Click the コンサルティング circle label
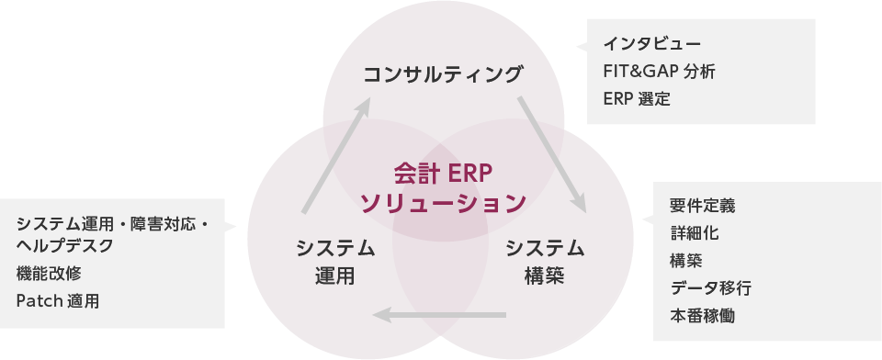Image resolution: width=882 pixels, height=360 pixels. tap(443, 73)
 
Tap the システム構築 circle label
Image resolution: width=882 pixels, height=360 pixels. tap(545, 261)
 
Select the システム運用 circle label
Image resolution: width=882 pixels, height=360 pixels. tap(335, 261)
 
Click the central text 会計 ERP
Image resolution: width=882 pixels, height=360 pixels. tap(443, 172)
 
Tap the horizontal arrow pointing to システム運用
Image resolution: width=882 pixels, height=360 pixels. tap(439, 316)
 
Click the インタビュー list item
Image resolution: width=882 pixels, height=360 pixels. tap(652, 44)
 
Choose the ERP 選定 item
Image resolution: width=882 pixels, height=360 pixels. tap(637, 97)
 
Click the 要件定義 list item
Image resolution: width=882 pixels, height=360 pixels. tap(702, 206)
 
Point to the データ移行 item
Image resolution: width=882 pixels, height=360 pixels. tap(710, 288)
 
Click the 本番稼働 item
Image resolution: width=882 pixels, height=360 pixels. tap(702, 316)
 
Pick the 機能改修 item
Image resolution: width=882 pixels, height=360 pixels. tap(49, 273)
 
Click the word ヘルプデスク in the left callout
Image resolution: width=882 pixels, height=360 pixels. tap(64, 245)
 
